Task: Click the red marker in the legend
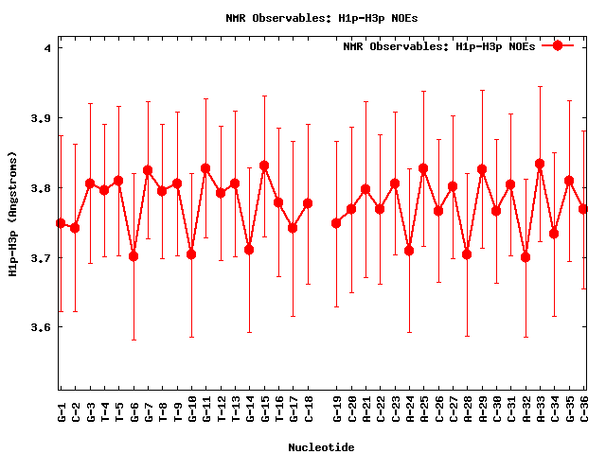pyautogui.click(x=558, y=45)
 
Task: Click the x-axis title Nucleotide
pyautogui.click(x=321, y=447)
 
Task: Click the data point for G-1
pyautogui.click(x=61, y=223)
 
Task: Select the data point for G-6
pyautogui.click(x=134, y=255)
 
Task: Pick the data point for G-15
pyautogui.click(x=264, y=166)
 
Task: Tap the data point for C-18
pyautogui.click(x=308, y=203)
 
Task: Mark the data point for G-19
pyautogui.click(x=336, y=223)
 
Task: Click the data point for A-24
pyautogui.click(x=409, y=251)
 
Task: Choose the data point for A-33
pyautogui.click(x=540, y=164)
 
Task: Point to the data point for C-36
pyautogui.click(x=583, y=209)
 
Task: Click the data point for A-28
pyautogui.click(x=467, y=254)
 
